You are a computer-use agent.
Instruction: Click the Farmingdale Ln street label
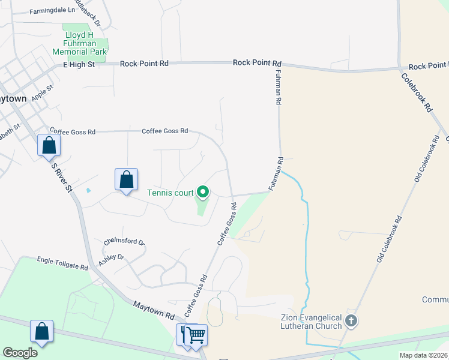click(x=53, y=10)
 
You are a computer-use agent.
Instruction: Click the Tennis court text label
click(x=170, y=193)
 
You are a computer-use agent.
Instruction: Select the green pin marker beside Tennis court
click(x=203, y=192)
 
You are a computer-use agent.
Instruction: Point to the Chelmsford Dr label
click(x=124, y=242)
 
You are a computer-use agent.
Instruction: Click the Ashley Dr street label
click(x=111, y=257)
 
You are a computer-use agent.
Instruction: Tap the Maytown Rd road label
click(x=154, y=310)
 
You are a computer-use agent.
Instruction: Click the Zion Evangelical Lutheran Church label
click(x=311, y=321)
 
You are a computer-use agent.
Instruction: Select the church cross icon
click(x=352, y=322)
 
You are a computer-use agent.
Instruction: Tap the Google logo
click(x=20, y=353)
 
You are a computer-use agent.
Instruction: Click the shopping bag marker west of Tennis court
click(x=126, y=179)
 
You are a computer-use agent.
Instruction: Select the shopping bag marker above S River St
click(x=49, y=145)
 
